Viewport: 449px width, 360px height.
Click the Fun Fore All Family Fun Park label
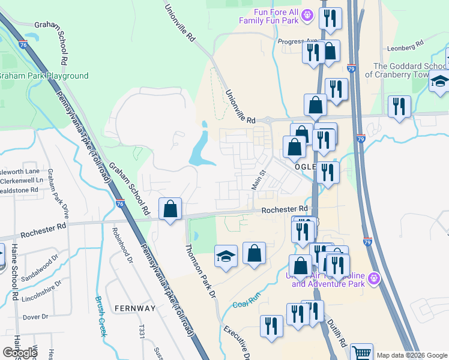(268, 16)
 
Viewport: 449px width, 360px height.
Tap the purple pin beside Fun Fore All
(307, 14)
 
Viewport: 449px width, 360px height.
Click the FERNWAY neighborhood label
(132, 308)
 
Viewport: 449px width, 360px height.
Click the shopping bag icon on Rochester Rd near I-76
(170, 209)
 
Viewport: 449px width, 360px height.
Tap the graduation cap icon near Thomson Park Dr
(226, 257)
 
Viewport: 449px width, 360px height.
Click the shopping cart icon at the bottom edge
(361, 353)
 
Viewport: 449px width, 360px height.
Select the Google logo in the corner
(20, 353)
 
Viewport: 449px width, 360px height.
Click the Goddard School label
(411, 70)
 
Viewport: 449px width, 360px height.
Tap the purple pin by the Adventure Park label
(375, 278)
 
